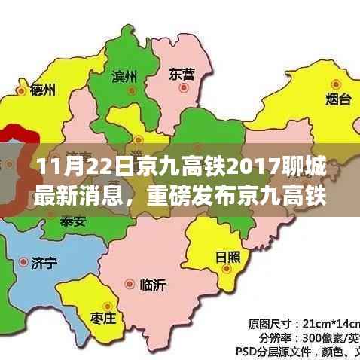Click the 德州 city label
(42, 90)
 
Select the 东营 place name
(182, 74)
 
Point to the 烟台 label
(338, 99)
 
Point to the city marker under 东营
(182, 88)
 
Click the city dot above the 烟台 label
(336, 84)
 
